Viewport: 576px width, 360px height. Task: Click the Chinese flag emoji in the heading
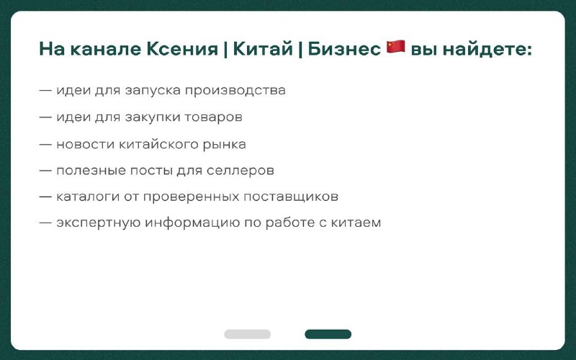[x=395, y=48]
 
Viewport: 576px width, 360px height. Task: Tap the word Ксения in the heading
[x=182, y=49]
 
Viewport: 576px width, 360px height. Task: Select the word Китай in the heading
[x=263, y=49]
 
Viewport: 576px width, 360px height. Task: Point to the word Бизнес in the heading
[x=344, y=49]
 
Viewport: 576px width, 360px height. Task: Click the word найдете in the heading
[x=487, y=49]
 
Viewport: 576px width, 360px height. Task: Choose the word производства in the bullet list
[x=235, y=91]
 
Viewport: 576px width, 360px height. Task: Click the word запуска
[x=153, y=91]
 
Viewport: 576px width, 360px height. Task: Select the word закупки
[x=152, y=117]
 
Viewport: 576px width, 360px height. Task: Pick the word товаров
[x=213, y=118]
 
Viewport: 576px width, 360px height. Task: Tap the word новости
[x=85, y=145]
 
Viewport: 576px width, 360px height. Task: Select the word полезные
[x=91, y=171]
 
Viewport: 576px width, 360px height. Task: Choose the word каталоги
[x=87, y=197]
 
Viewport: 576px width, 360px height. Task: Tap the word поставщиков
[x=291, y=197]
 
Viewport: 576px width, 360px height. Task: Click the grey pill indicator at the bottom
[x=247, y=334]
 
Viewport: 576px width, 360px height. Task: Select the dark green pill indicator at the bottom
[x=328, y=334]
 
